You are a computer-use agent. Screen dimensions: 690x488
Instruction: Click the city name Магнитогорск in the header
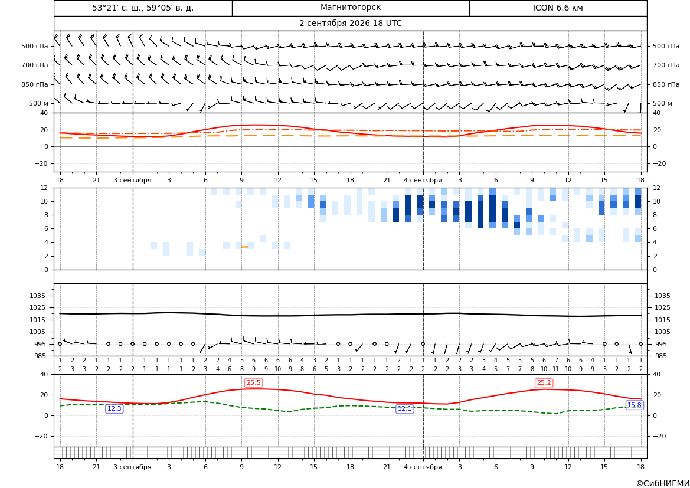351,8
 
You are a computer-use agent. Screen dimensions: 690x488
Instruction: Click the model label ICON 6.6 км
558,8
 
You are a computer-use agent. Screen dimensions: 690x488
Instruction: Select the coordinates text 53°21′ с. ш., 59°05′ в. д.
143,8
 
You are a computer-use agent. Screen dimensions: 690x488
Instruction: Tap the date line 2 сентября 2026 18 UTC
350,24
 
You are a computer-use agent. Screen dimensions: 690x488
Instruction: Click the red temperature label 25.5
253,383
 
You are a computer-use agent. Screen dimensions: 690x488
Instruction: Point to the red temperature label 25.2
544,383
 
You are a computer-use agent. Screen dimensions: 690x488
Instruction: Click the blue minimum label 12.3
115,409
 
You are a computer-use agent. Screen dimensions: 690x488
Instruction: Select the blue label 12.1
405,409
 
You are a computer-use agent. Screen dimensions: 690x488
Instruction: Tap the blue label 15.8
634,405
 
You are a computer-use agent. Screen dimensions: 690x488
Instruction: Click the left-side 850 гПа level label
35,84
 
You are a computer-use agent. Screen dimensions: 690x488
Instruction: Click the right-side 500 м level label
662,103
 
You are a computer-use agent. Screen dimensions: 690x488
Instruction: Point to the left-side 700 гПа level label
35,65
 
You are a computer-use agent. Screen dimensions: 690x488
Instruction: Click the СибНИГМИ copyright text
663,483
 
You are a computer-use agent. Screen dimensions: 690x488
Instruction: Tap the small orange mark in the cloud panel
245,247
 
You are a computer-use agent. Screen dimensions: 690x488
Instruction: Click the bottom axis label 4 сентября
423,467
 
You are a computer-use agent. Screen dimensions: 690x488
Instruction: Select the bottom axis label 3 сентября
132,467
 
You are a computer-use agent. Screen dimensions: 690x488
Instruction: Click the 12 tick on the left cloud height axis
44,188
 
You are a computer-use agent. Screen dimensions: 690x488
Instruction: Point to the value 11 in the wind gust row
556,369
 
